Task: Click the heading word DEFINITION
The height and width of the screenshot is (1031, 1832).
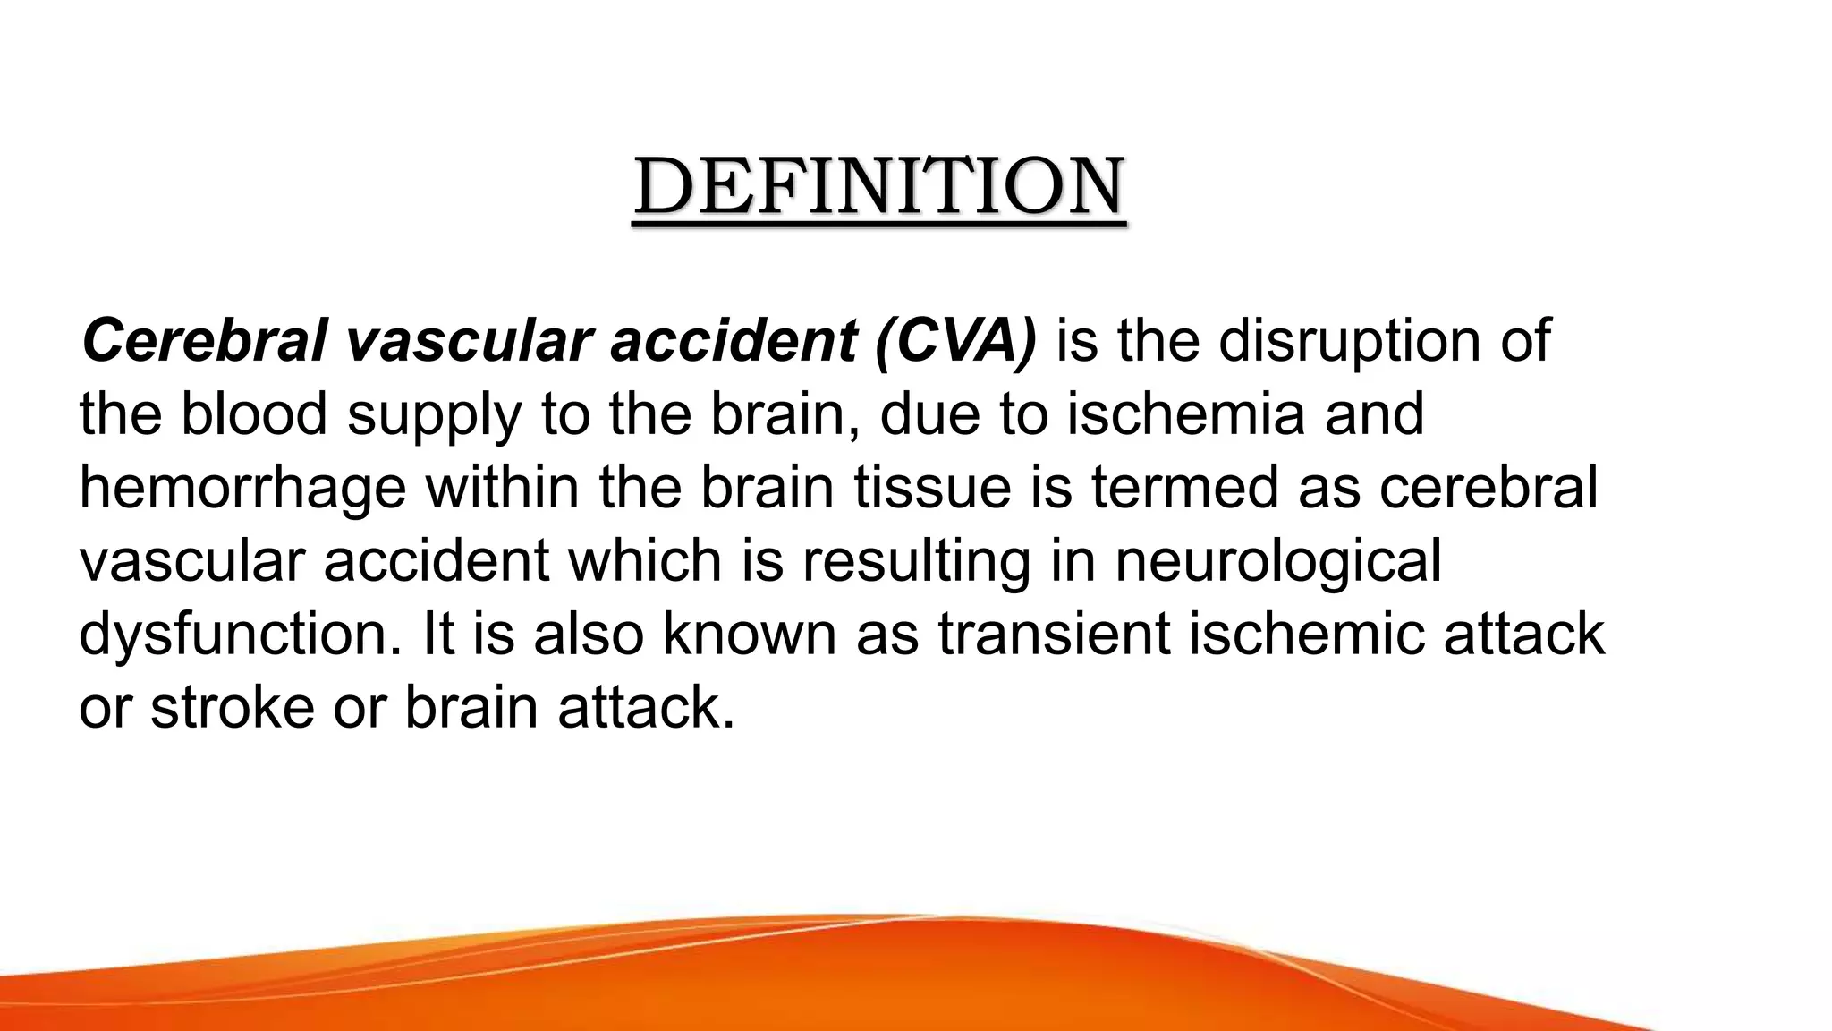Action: tap(879, 187)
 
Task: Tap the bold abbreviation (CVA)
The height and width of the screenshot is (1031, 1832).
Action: tap(955, 341)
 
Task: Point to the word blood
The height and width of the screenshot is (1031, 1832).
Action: tap(254, 414)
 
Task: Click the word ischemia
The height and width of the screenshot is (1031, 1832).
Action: tap(1186, 414)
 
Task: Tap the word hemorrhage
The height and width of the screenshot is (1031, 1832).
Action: tap(242, 490)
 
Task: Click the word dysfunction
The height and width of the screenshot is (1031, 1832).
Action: tap(241, 635)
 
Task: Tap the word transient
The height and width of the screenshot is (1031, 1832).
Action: tap(1054, 634)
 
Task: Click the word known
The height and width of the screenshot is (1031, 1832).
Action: tap(749, 634)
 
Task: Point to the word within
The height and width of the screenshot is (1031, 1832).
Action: tap(502, 488)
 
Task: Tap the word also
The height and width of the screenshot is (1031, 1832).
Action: tap(588, 634)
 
